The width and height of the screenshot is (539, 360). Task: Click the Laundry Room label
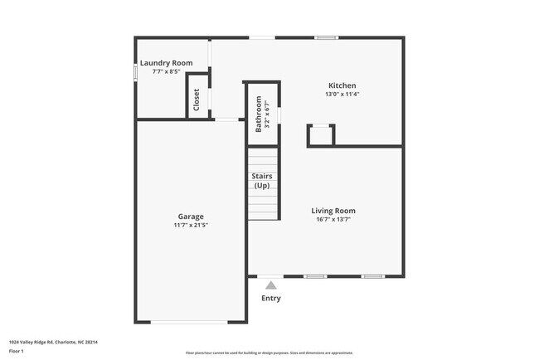[166, 63]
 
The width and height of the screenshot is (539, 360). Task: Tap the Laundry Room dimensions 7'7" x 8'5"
[166, 72]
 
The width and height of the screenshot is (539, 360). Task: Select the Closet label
[197, 100]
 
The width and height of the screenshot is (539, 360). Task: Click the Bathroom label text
[259, 114]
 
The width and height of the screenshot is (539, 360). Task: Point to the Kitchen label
[342, 85]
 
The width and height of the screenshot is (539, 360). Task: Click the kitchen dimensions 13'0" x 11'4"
[342, 95]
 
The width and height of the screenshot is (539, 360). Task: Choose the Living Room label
[333, 211]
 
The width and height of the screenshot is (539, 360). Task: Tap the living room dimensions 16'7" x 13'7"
[333, 220]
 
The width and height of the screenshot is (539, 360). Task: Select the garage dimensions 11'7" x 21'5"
[190, 225]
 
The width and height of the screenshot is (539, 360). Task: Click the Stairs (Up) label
[262, 180]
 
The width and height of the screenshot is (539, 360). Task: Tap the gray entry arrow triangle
[270, 285]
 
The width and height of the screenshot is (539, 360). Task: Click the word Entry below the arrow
[271, 298]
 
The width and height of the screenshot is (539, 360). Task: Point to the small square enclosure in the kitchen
[320, 135]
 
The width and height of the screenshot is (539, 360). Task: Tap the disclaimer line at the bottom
[269, 353]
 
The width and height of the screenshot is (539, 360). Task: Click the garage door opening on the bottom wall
[190, 322]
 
